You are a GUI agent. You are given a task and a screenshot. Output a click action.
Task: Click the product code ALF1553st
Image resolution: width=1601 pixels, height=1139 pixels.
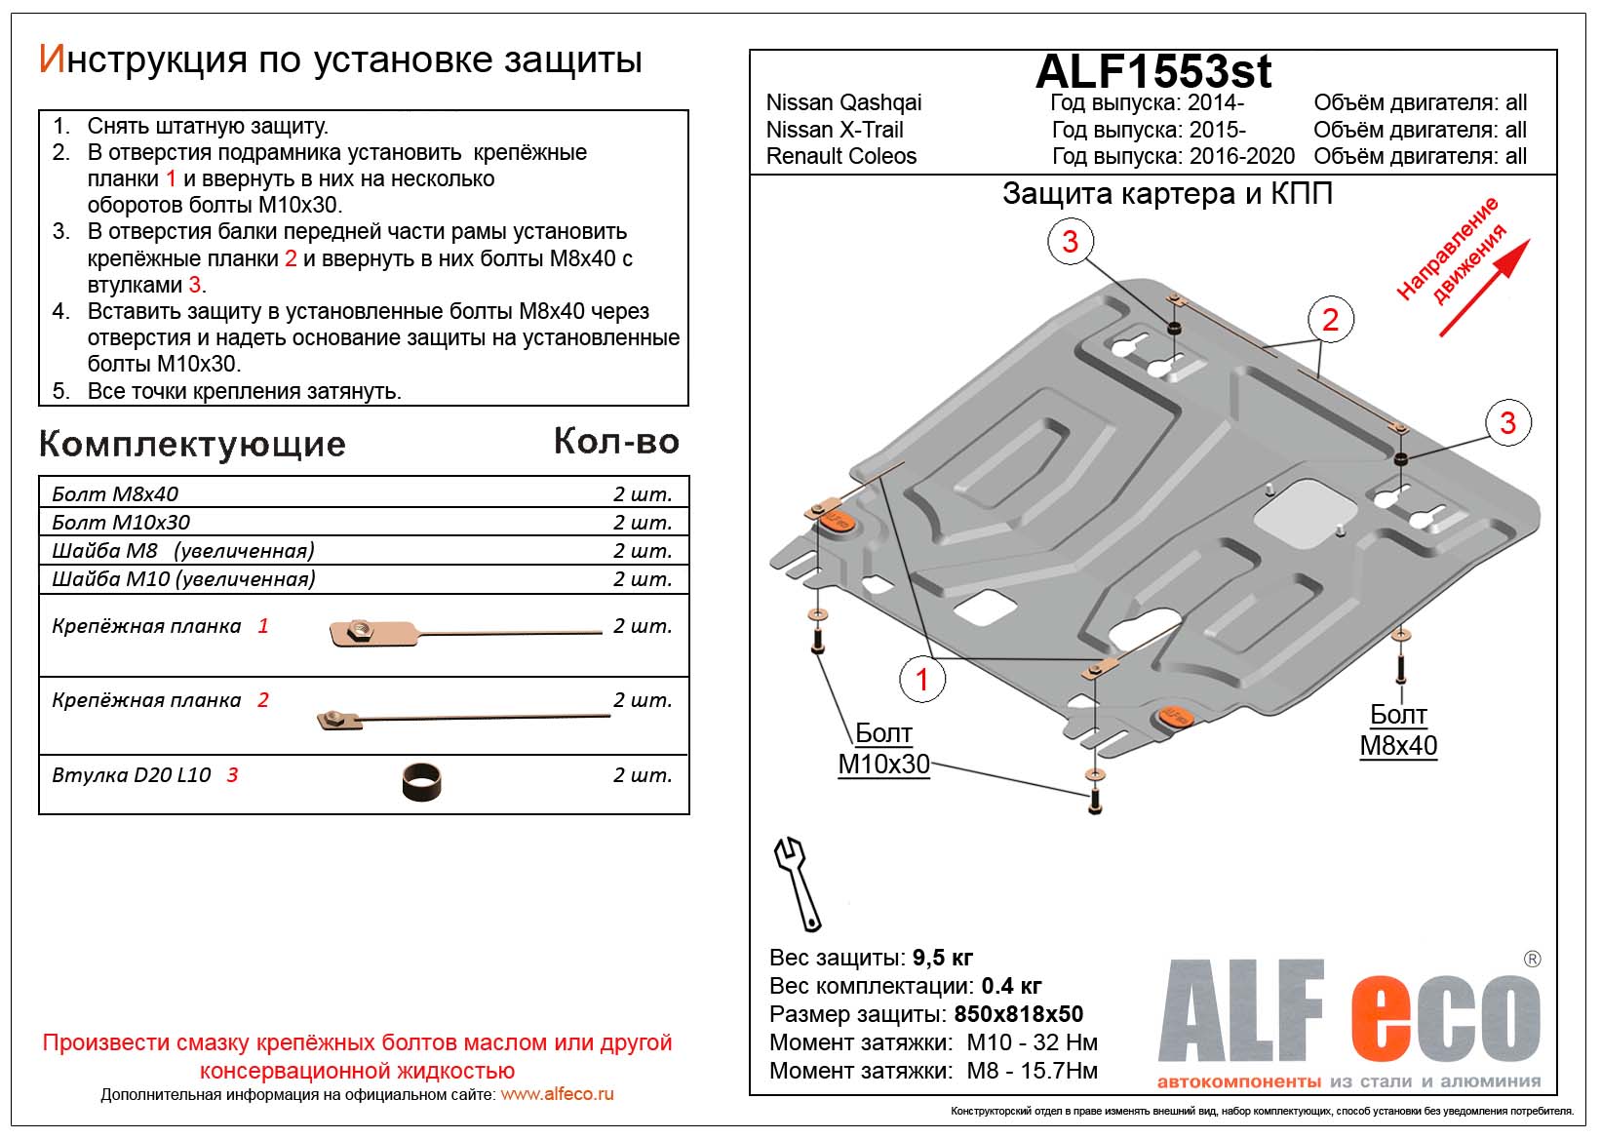click(x=1152, y=71)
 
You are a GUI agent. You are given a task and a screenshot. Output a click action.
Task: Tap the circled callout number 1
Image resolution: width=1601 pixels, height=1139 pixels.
click(x=922, y=679)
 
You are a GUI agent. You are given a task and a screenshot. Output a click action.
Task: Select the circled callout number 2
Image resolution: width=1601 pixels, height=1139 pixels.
click(x=1330, y=319)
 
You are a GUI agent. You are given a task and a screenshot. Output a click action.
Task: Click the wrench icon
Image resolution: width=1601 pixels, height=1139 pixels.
click(x=797, y=883)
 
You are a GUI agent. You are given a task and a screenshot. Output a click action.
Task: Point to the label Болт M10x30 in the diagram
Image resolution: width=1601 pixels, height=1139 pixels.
click(x=883, y=748)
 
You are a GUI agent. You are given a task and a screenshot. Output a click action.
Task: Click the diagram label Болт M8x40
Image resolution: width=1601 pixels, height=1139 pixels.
click(x=1398, y=729)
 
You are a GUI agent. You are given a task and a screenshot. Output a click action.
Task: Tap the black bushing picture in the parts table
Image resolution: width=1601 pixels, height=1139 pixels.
click(x=421, y=781)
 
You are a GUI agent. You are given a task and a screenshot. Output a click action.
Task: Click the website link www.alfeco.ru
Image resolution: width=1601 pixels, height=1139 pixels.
click(x=557, y=1094)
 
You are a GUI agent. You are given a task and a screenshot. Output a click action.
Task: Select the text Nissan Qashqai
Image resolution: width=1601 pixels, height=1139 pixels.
click(x=843, y=102)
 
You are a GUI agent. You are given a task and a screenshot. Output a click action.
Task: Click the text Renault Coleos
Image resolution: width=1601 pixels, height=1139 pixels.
click(x=841, y=156)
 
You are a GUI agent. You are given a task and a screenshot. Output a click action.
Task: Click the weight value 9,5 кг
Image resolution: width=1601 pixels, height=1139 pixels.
click(x=942, y=958)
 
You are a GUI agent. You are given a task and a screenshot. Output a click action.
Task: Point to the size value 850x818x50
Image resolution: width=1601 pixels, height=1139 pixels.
click(x=1018, y=1014)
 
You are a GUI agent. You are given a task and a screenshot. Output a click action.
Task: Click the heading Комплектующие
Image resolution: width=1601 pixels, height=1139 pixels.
click(x=192, y=445)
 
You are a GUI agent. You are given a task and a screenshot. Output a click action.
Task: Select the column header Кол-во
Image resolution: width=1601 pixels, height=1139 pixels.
click(x=616, y=442)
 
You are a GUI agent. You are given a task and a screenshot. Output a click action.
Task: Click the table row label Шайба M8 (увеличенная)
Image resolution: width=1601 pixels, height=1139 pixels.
click(x=183, y=551)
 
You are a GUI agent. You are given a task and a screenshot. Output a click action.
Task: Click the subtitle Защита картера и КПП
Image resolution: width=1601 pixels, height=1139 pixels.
click(x=1167, y=194)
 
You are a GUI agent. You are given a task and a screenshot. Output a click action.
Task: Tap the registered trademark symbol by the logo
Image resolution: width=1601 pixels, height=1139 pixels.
click(x=1532, y=959)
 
